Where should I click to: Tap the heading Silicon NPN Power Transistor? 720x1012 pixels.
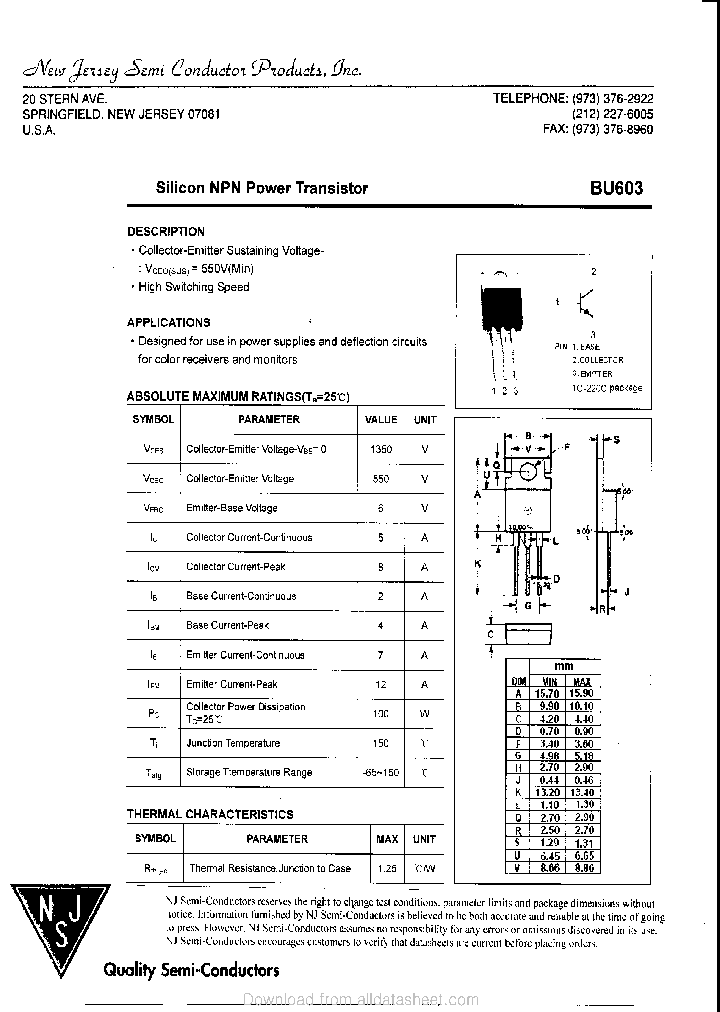(x=261, y=188)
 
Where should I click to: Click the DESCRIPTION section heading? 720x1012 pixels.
(x=165, y=231)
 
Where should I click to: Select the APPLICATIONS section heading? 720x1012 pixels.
(x=168, y=322)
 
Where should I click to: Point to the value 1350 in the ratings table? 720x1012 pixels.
(x=381, y=449)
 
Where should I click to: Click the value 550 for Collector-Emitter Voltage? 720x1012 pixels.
(x=381, y=478)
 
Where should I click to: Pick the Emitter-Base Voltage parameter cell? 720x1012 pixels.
(x=232, y=508)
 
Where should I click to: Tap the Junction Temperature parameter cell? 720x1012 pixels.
(x=233, y=743)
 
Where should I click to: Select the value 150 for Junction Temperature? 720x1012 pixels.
(x=381, y=743)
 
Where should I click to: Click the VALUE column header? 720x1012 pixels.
(x=381, y=420)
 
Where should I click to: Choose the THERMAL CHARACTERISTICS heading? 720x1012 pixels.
(x=210, y=814)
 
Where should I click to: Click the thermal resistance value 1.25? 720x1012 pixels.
(x=386, y=868)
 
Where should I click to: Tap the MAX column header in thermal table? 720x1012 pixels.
(x=386, y=839)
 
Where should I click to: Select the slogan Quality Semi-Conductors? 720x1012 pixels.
(x=191, y=970)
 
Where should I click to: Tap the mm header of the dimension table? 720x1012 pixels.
(x=564, y=666)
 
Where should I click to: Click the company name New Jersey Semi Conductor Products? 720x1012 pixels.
(x=191, y=70)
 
